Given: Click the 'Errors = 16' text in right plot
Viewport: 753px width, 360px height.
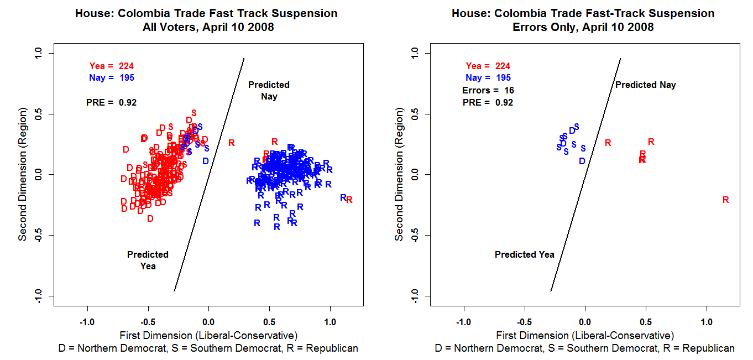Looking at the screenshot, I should (488, 90).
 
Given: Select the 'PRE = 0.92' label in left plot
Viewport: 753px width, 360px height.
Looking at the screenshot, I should (111, 102).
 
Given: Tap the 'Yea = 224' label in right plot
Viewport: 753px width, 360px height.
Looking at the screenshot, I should (488, 66).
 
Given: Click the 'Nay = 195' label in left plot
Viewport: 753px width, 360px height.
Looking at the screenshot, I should (111, 78).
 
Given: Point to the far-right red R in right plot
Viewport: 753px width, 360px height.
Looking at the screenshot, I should (725, 200).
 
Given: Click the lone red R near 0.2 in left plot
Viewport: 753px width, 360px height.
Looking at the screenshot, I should (231, 143).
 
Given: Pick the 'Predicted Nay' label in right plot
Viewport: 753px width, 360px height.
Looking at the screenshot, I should (645, 85).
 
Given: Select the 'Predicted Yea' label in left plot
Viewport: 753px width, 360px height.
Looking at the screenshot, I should (148, 260).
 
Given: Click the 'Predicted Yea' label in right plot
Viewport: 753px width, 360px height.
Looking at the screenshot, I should (524, 255).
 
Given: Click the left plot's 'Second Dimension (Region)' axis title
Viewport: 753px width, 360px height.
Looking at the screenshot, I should (23, 175).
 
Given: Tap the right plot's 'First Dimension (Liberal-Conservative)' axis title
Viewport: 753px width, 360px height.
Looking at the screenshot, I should (585, 336).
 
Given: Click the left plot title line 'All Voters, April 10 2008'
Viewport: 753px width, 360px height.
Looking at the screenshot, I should (206, 27).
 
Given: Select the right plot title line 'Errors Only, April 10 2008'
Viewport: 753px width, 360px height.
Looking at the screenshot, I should (583, 27).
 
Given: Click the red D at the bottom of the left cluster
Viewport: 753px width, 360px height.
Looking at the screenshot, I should (150, 218).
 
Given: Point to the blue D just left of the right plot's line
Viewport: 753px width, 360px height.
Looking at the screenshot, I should (582, 161).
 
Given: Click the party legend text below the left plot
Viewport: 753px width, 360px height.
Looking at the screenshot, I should (208, 348).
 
